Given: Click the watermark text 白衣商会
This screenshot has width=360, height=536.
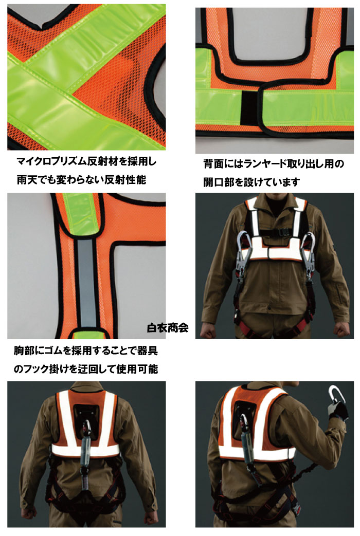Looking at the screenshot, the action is coord(168,328).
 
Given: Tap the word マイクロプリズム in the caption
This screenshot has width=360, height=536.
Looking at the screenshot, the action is coord(51,161).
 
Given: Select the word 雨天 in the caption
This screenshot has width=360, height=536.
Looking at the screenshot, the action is coord(27,179).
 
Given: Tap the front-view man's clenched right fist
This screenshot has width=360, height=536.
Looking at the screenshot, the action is coord(209,330).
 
